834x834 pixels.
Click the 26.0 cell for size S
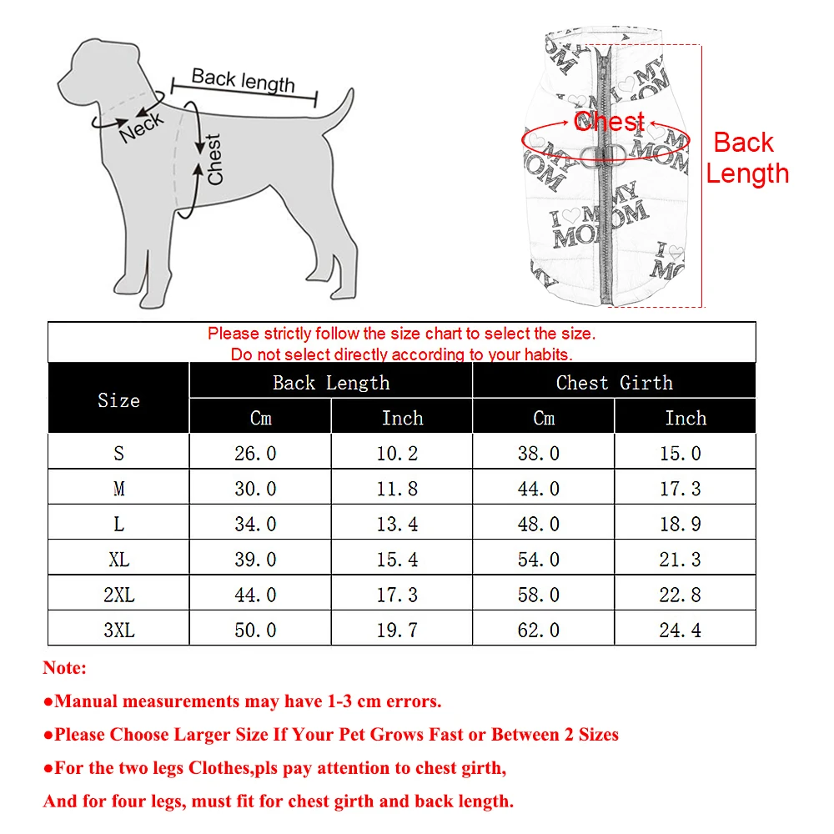pos(255,453)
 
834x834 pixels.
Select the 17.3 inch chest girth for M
pos(681,489)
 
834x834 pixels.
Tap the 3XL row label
pos(118,630)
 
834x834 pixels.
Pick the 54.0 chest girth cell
pos(539,560)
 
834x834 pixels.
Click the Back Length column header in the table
pos(331,383)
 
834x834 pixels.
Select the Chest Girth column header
pos(614,383)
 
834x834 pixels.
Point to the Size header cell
pos(118,400)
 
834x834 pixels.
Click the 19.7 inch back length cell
pos(397,630)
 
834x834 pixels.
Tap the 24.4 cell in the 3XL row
pos(681,630)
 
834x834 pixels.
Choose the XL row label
pos(118,560)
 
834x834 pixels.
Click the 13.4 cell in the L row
pos(397,524)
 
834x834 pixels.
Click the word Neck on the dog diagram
pos(142,126)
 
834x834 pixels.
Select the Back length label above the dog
pos(243,80)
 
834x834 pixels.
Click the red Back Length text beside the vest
pos(746,158)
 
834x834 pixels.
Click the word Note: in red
pos(65,668)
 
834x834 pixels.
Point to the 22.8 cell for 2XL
pos(681,595)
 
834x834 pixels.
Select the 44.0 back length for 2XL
pos(255,595)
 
